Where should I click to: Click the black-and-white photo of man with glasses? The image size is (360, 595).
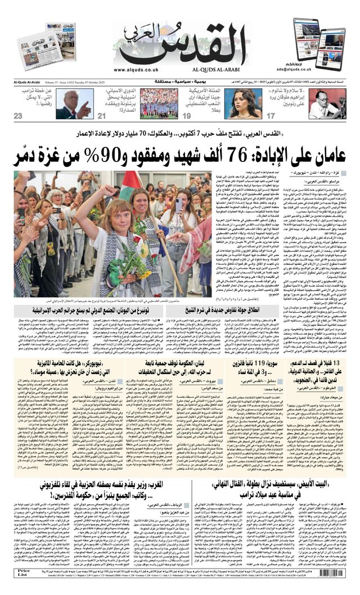tap(326, 103)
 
